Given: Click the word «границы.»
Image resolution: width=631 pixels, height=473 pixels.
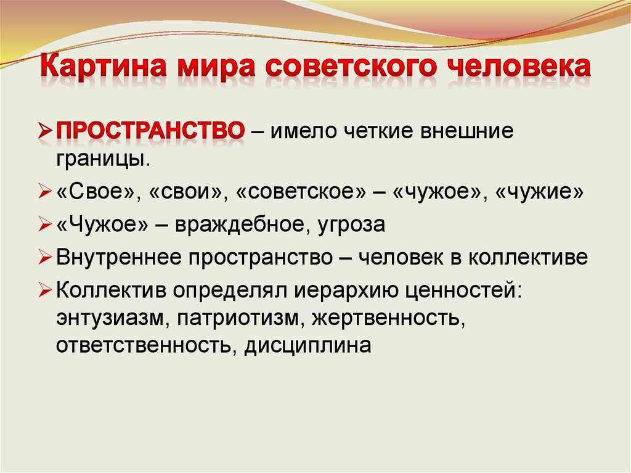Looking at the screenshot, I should (103, 160).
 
